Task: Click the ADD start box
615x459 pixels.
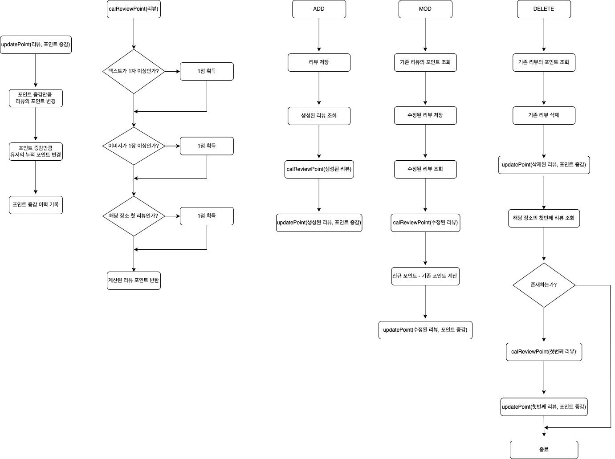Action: point(319,9)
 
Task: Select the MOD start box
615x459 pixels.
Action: point(425,9)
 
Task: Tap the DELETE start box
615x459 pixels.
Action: point(544,9)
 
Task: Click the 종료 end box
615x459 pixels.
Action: point(544,450)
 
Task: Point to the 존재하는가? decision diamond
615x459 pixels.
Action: point(544,285)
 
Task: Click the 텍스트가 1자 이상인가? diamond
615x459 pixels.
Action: point(134,71)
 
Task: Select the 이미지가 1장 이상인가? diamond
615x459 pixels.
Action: point(134,146)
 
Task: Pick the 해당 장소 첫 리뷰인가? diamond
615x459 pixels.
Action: point(134,216)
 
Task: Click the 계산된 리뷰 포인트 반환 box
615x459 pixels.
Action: point(134,280)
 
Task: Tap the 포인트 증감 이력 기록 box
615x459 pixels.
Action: point(36,205)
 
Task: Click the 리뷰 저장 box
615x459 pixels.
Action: point(319,62)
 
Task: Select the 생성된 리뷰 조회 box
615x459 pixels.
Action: point(319,116)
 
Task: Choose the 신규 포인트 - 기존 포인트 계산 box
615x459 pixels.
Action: point(425,276)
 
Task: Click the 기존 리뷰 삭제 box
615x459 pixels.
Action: point(544,115)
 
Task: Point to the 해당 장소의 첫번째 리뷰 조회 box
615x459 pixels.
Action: point(544,218)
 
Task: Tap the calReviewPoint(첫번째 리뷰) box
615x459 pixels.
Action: point(544,352)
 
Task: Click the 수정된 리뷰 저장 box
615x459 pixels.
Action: point(425,115)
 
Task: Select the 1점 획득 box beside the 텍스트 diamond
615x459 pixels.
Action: point(207,71)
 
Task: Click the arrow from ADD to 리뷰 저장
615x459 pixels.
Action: point(319,35)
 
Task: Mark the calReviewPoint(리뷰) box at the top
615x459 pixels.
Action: point(134,9)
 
